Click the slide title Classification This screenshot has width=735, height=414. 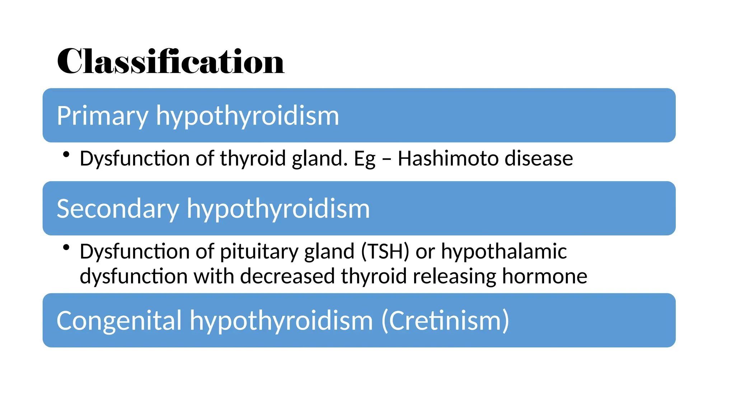[170, 61]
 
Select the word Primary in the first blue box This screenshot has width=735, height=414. [102, 116]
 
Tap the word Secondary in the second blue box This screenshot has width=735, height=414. [118, 209]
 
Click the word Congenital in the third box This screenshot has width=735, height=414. [119, 321]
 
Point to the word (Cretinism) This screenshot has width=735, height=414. [445, 321]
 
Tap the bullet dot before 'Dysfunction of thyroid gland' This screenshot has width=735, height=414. [66, 155]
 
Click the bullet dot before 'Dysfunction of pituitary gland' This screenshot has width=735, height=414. [66, 247]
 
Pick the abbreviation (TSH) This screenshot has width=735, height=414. [385, 251]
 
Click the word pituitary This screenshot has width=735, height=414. [259, 252]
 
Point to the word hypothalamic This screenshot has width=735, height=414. [504, 251]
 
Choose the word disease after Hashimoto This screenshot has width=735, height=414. [539, 158]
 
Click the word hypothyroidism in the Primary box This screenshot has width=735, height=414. [247, 116]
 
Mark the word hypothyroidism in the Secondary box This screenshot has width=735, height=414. [278, 209]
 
